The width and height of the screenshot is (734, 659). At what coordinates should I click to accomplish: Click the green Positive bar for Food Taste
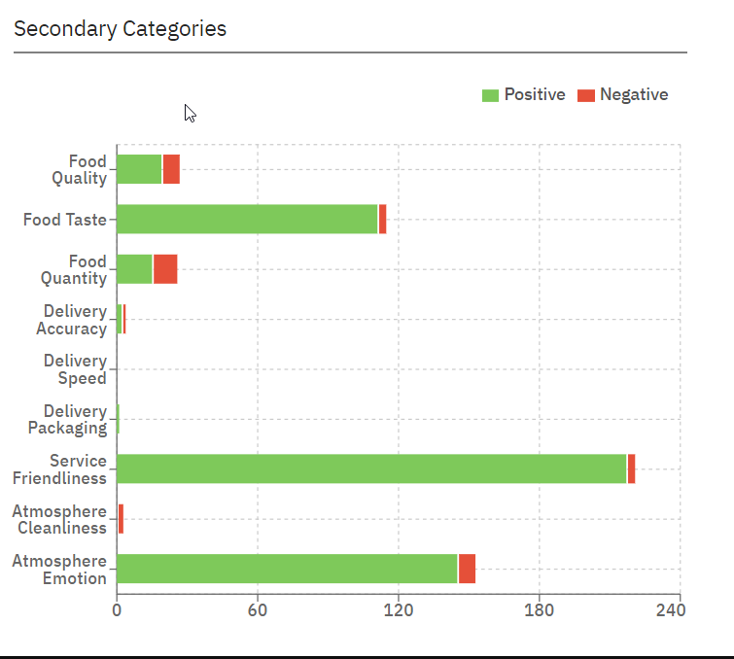tap(247, 220)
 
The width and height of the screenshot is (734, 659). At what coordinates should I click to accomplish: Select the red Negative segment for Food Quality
tap(171, 169)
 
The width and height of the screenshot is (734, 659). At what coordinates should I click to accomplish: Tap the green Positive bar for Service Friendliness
tap(371, 468)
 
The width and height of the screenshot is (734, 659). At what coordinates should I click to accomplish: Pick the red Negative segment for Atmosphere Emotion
tap(467, 569)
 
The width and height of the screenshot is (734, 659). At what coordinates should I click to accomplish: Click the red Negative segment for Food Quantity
tap(165, 269)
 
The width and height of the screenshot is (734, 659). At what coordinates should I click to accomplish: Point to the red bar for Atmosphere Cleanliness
tap(121, 519)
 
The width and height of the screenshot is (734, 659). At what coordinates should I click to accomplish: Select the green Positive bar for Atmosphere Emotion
tap(287, 569)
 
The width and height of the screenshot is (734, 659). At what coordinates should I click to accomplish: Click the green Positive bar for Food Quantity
tap(134, 269)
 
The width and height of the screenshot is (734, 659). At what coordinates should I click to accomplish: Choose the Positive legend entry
tap(524, 94)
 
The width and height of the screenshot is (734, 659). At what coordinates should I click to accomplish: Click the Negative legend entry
tap(623, 94)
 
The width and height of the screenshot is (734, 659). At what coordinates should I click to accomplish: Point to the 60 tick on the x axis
tap(258, 610)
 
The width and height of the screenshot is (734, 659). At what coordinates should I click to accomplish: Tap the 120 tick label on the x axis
tap(399, 610)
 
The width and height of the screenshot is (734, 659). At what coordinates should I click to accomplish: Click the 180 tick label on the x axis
tap(540, 610)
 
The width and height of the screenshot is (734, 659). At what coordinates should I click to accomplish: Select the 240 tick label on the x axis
tap(671, 610)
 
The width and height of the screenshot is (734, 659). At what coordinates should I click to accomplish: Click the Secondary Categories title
tap(120, 28)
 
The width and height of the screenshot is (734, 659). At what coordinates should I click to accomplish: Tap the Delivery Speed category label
tap(75, 369)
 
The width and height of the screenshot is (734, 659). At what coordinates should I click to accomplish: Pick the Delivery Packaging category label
tap(67, 419)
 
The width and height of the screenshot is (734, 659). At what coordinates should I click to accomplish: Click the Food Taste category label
tap(65, 220)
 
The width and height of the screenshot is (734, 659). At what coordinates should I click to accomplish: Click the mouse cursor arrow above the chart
tap(190, 113)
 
